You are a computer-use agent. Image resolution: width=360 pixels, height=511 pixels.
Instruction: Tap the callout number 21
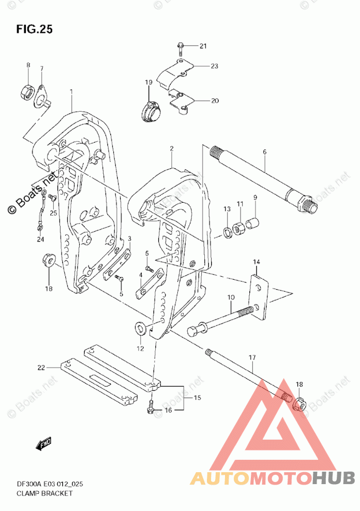click(203, 47)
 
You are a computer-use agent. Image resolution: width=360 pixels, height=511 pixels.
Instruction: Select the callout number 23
click(214, 66)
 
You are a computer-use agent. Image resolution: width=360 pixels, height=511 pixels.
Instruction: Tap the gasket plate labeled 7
click(41, 98)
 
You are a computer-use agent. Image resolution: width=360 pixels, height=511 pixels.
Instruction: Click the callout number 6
click(264, 153)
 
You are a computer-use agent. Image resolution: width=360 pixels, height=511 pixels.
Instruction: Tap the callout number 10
click(231, 297)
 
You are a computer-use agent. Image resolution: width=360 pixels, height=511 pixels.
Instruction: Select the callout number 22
click(41, 368)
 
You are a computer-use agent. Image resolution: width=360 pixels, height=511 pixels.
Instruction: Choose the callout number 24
click(41, 239)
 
